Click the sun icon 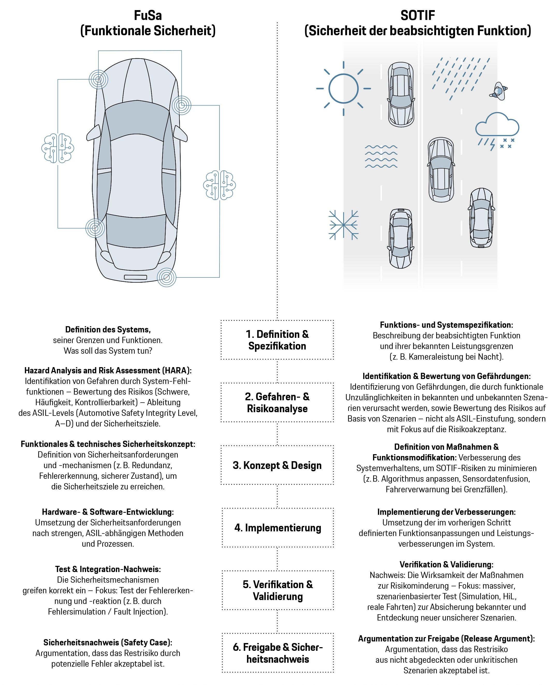343,88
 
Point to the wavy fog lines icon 381,156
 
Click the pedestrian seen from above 498,91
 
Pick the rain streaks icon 460,77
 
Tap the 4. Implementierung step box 277,528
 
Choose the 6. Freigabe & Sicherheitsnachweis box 277,653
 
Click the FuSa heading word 148,15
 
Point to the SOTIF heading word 418,15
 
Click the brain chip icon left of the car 58,148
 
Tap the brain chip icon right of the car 220,185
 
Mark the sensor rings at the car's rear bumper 166,277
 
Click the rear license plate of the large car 135,277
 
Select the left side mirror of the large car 93,133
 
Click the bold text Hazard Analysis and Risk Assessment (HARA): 108,370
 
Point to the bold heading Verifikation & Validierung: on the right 447,565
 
